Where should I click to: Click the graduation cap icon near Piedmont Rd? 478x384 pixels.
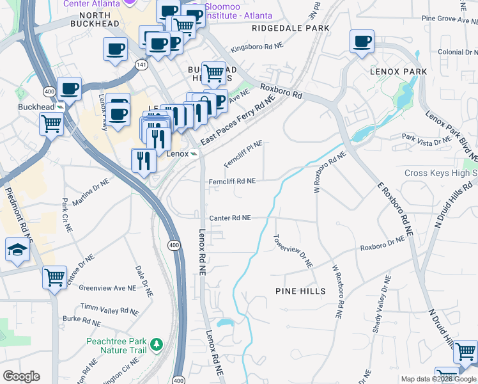(x=18, y=250)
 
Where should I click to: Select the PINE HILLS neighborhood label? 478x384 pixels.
(x=300, y=291)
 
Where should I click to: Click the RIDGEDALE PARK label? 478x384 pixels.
(x=291, y=28)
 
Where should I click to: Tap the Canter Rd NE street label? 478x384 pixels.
(x=229, y=218)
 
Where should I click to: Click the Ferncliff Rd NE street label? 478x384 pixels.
(x=233, y=181)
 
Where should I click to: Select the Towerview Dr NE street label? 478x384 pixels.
(x=293, y=250)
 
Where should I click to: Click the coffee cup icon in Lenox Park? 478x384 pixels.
(x=362, y=42)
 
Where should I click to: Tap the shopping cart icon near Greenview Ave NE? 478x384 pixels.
(x=55, y=278)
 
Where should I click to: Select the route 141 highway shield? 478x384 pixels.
(x=140, y=64)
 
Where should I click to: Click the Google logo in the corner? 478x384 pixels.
(x=21, y=376)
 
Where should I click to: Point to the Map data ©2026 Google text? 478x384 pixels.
(x=439, y=379)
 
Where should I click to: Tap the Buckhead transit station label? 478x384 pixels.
(x=36, y=106)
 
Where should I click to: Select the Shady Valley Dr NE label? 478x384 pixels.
(x=381, y=304)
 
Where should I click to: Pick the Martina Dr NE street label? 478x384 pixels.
(x=91, y=193)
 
